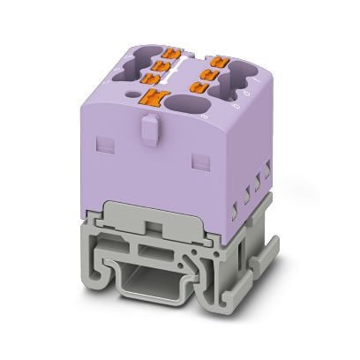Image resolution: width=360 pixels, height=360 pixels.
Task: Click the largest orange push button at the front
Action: tap(160, 98)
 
